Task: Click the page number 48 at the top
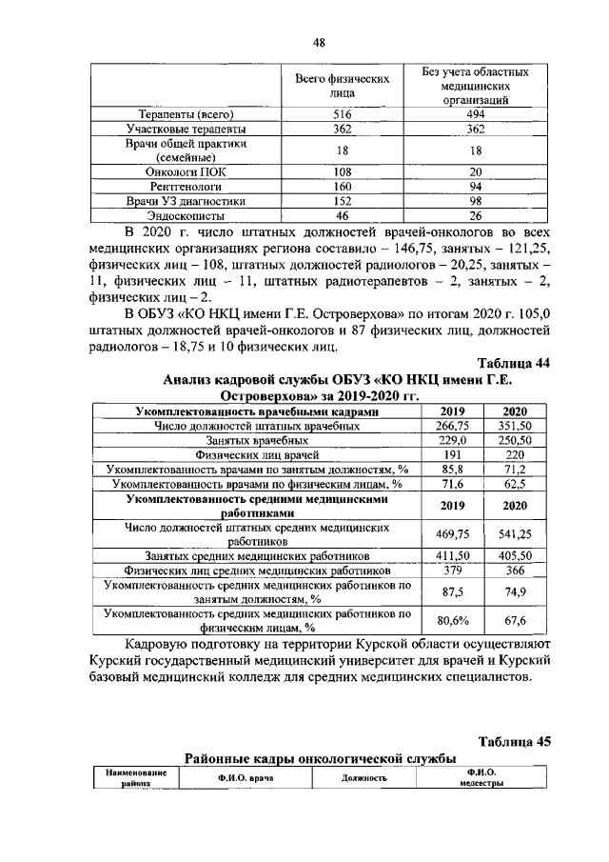coord(320,41)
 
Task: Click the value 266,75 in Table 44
coord(453,427)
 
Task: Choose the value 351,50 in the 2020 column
coord(515,427)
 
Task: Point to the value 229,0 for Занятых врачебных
coord(453,441)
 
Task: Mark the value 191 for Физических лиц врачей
coord(453,455)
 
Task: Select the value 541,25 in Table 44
coord(515,535)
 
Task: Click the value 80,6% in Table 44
coord(453,621)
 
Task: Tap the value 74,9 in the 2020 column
coord(515,591)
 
